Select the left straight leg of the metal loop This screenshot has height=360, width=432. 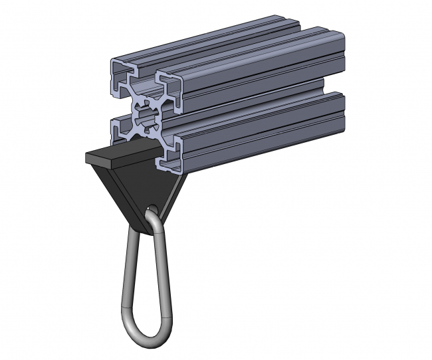124,272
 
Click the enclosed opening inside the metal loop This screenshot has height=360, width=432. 143,279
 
